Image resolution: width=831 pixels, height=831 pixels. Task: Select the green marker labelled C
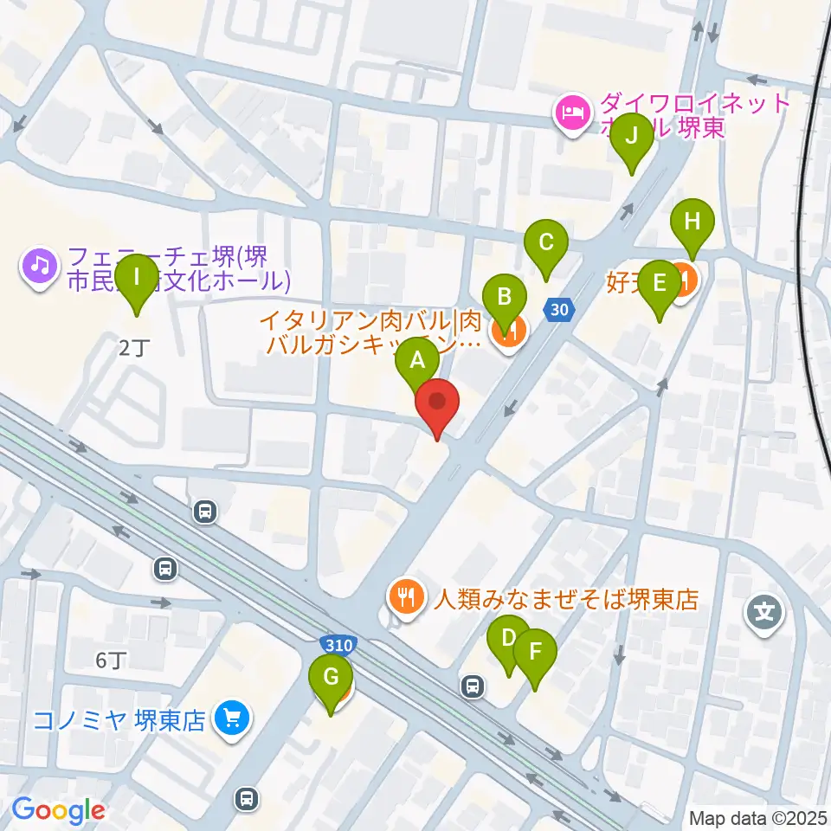pyautogui.click(x=545, y=242)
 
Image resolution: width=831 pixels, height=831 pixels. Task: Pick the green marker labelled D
pyautogui.click(x=508, y=641)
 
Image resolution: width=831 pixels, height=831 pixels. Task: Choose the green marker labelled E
pyautogui.click(x=660, y=283)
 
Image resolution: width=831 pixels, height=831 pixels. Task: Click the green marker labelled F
pyautogui.click(x=535, y=652)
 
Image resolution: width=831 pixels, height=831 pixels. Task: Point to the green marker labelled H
pyautogui.click(x=691, y=222)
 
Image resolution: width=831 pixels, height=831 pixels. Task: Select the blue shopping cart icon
pyautogui.click(x=231, y=718)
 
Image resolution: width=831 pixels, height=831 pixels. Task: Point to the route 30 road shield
pyautogui.click(x=559, y=308)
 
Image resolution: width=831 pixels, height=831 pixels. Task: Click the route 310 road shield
pyautogui.click(x=338, y=645)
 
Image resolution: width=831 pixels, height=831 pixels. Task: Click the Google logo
pyautogui.click(x=59, y=811)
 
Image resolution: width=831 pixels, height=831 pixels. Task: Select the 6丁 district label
pyautogui.click(x=110, y=661)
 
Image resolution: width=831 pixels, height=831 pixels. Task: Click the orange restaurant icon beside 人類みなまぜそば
pyautogui.click(x=404, y=595)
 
